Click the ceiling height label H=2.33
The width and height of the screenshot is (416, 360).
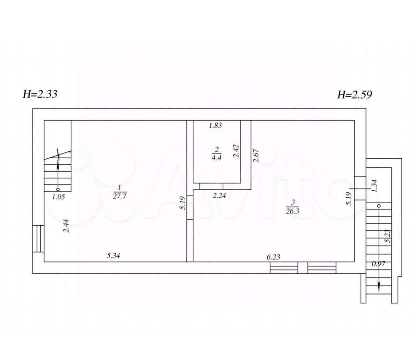click(x=40, y=94)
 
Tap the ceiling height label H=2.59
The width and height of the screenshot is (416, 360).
click(x=355, y=94)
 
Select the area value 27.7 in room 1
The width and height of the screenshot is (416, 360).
click(x=120, y=196)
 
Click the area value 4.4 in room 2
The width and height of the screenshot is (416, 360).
click(x=216, y=158)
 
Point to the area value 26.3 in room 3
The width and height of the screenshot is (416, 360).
click(x=292, y=211)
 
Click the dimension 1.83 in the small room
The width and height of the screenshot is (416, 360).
click(x=215, y=125)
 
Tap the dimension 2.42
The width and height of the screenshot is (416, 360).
click(x=236, y=151)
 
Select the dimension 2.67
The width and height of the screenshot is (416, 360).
click(x=256, y=155)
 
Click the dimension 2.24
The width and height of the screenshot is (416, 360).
click(x=219, y=196)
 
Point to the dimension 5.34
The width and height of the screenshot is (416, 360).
click(x=113, y=256)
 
